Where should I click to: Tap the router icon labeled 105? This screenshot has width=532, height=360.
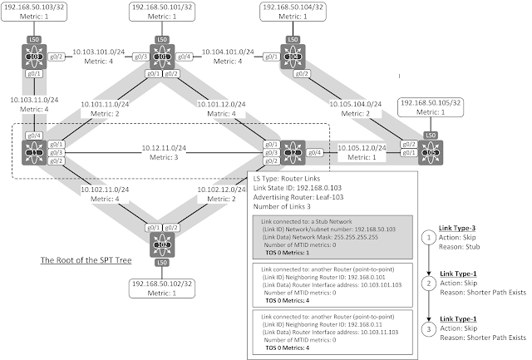[x=431, y=152]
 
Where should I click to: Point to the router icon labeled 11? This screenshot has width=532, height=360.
[x=35, y=152]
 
